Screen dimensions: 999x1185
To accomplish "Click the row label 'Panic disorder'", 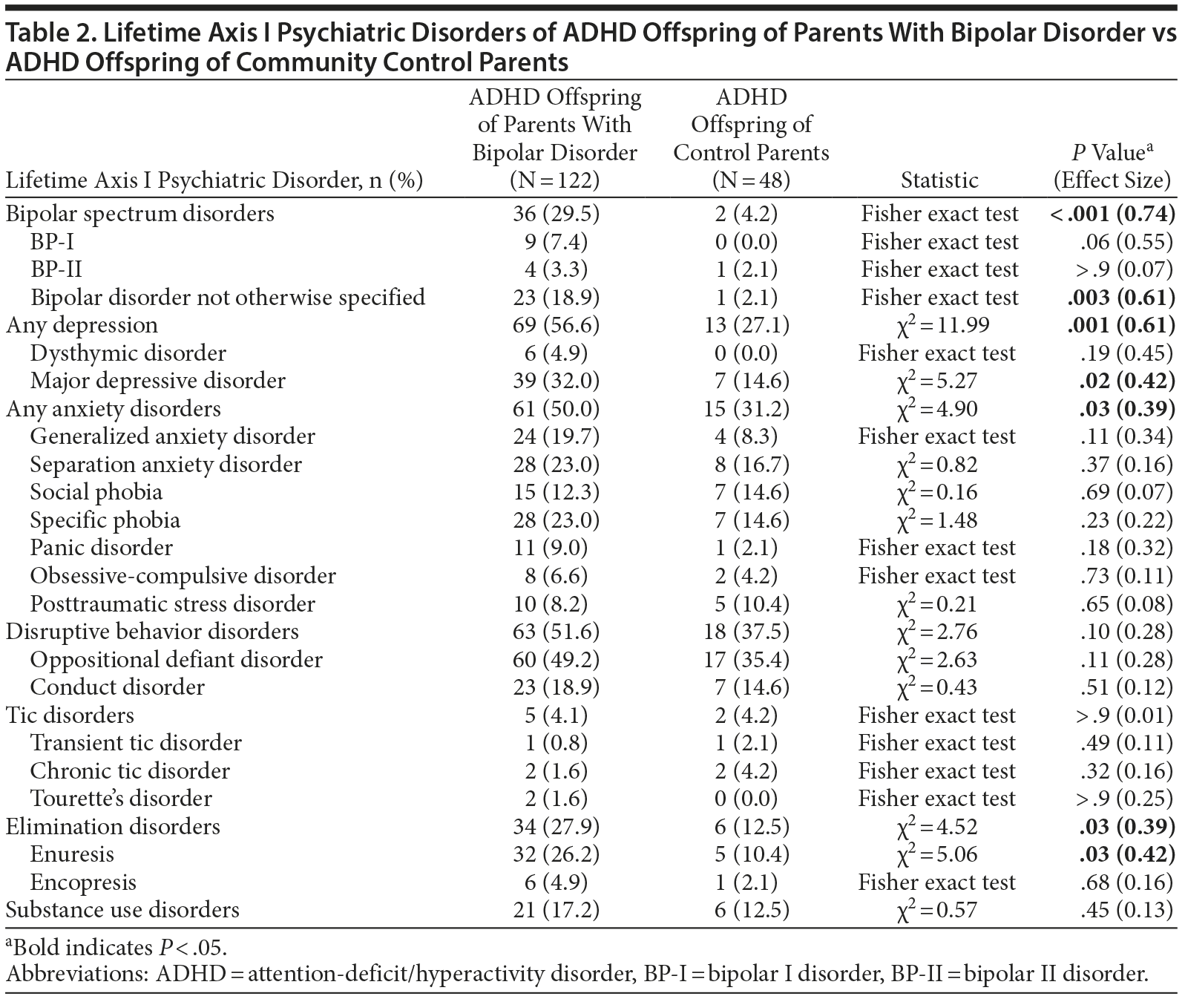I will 101,548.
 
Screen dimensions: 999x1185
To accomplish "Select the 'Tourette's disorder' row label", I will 121,799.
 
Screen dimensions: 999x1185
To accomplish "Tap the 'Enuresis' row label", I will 72,854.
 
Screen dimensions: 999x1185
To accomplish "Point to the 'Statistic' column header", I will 939,180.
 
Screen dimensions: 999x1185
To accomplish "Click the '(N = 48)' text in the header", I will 751,180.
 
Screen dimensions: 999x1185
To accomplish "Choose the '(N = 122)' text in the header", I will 555,180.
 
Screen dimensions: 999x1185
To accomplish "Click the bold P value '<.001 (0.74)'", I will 1112,214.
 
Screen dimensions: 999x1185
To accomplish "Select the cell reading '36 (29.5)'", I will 555,214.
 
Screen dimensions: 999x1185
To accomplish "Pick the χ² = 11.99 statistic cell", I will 937,325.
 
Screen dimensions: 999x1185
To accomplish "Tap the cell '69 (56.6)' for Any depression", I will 555,325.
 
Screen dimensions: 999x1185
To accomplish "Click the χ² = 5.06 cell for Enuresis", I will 937,854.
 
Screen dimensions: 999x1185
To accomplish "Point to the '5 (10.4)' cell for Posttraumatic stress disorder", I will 751,603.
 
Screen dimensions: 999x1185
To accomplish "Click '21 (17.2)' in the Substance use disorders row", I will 555,910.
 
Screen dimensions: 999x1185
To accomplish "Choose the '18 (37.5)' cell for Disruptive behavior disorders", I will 751,632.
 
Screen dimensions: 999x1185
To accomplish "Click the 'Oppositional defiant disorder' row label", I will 176,659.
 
